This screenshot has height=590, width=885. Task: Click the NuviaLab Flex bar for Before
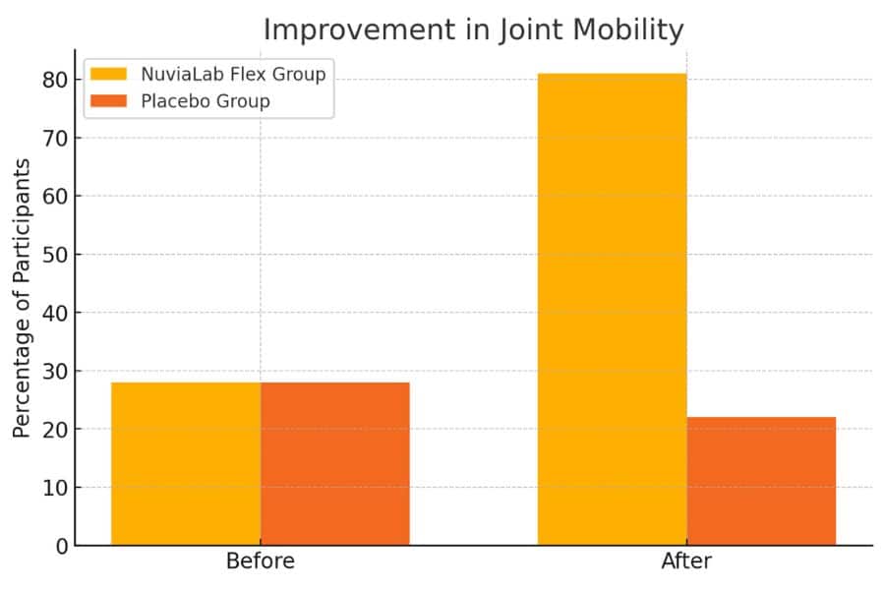click(186, 463)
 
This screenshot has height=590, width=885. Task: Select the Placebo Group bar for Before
click(335, 463)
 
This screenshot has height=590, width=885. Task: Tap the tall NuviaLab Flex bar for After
click(612, 310)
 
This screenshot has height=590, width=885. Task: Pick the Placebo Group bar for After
click(761, 481)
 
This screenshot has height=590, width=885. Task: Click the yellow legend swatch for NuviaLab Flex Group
click(108, 74)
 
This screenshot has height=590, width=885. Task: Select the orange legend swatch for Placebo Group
click(108, 101)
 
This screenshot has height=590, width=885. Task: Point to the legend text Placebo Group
click(206, 101)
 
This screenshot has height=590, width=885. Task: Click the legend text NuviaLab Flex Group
click(233, 75)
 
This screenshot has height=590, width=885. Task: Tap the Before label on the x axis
click(261, 561)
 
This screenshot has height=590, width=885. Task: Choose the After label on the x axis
click(686, 561)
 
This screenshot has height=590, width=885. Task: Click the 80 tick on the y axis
click(55, 81)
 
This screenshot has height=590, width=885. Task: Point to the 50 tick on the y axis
click(55, 255)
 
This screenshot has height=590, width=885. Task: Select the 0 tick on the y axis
click(62, 546)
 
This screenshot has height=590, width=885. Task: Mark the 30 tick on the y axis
click(55, 372)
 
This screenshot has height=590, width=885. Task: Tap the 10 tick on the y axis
click(55, 488)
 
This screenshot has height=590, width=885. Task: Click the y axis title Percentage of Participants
click(22, 298)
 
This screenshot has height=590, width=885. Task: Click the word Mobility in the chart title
click(627, 29)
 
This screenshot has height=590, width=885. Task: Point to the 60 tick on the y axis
click(55, 197)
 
